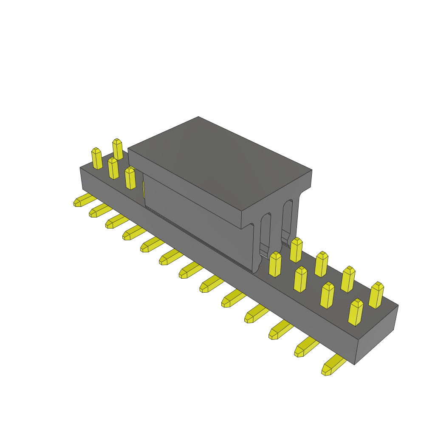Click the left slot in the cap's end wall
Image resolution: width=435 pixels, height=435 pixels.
[266, 232]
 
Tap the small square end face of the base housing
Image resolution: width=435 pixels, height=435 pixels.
[376, 335]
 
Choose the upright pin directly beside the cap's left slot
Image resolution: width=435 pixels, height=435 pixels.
[275, 264]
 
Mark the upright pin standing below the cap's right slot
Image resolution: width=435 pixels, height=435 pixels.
[296, 250]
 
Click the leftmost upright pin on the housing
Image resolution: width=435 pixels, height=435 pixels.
[97, 158]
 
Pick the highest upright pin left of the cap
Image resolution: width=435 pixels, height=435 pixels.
[118, 149]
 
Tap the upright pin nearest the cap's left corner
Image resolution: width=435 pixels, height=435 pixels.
[130, 178]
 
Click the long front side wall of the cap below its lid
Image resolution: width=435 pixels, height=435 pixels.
[195, 212]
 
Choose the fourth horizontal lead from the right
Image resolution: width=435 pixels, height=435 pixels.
[257, 314]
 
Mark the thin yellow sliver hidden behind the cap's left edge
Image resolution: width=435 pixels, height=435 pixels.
[144, 189]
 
